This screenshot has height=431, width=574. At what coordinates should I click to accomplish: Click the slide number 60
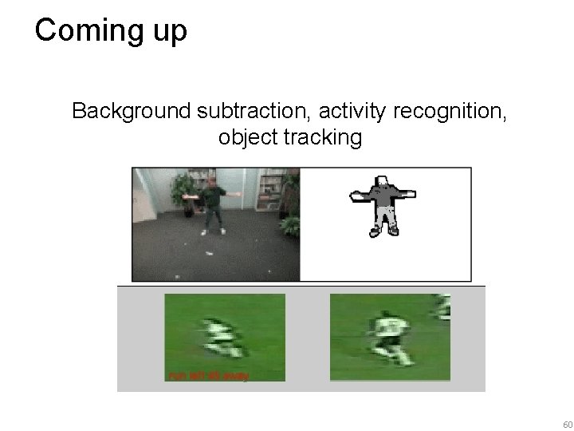pyautogui.click(x=567, y=423)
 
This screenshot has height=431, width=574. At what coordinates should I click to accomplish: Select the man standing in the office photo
pyautogui.click(x=211, y=205)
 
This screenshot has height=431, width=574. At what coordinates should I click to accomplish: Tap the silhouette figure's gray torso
pyautogui.click(x=385, y=196)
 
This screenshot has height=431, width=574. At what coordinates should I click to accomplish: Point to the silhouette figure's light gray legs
pyautogui.click(x=385, y=217)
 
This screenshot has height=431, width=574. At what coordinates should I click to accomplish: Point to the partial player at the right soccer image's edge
pyautogui.click(x=442, y=307)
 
